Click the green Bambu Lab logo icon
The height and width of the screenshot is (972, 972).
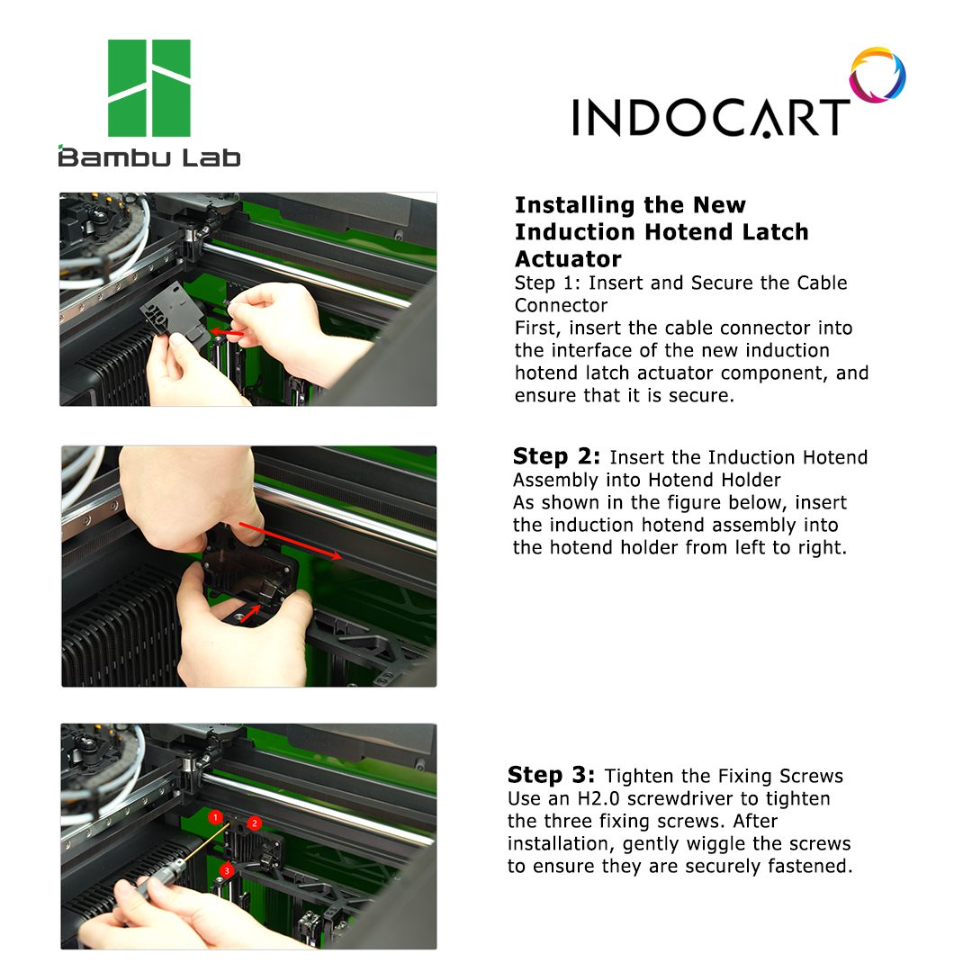[x=148, y=88]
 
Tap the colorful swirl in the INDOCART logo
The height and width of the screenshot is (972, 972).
[x=877, y=75]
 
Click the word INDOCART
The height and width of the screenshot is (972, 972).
[x=710, y=117]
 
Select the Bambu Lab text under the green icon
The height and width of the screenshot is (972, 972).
[x=148, y=157]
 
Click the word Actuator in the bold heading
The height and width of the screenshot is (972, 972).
[x=568, y=258]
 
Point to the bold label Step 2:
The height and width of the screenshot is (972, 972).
[x=556, y=456]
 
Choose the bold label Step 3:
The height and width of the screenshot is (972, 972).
[x=551, y=775]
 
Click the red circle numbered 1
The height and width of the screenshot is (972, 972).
[x=215, y=817]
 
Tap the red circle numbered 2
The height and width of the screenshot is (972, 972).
[x=254, y=823]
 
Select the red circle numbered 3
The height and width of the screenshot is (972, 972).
[x=227, y=870]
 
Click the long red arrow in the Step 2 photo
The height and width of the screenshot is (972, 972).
[x=290, y=541]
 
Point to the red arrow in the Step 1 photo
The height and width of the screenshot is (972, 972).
[x=227, y=333]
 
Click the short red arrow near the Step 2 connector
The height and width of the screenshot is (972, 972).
[x=250, y=614]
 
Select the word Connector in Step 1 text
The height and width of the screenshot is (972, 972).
[x=561, y=305]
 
